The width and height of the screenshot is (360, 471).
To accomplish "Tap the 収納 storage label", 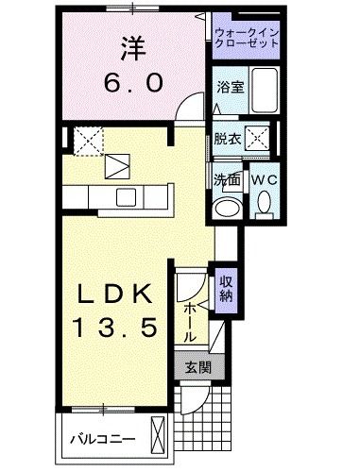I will [227, 286].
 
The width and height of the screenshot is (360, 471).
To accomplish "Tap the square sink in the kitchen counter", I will [125, 196].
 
